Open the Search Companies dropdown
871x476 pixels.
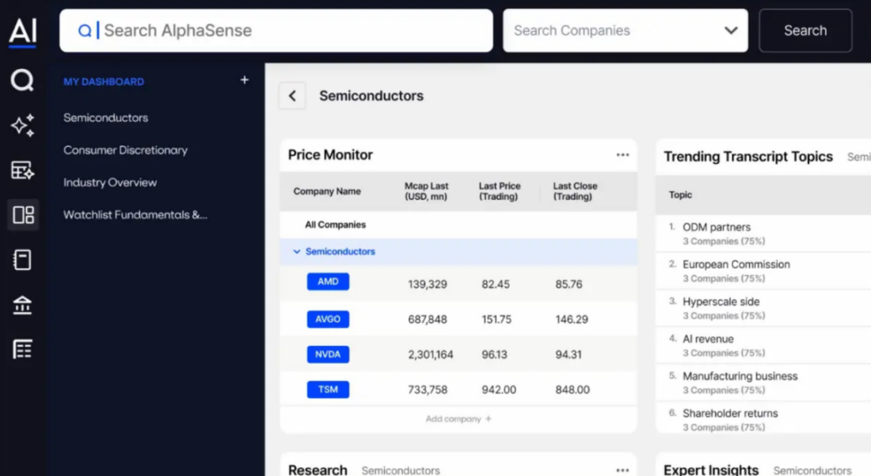tap(625, 31)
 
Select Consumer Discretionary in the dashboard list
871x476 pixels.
tap(125, 150)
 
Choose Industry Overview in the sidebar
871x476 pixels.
tap(110, 182)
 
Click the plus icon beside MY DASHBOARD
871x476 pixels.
tap(245, 80)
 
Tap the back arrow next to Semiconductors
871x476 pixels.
tap(292, 96)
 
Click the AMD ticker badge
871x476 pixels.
tap(328, 282)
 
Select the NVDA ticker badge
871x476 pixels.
tap(328, 354)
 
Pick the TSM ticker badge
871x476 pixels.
tap(328, 390)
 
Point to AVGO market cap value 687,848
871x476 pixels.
tap(428, 319)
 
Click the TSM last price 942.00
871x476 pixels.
tap(499, 390)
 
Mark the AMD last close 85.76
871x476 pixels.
tap(569, 284)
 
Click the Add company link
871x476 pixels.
tap(458, 419)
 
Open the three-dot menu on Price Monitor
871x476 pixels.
tap(622, 155)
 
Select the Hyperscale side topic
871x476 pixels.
tap(721, 302)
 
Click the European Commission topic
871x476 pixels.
tap(736, 265)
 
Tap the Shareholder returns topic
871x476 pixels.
tap(730, 413)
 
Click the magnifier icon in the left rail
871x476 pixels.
tap(22, 80)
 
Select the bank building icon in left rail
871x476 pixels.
tap(22, 305)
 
